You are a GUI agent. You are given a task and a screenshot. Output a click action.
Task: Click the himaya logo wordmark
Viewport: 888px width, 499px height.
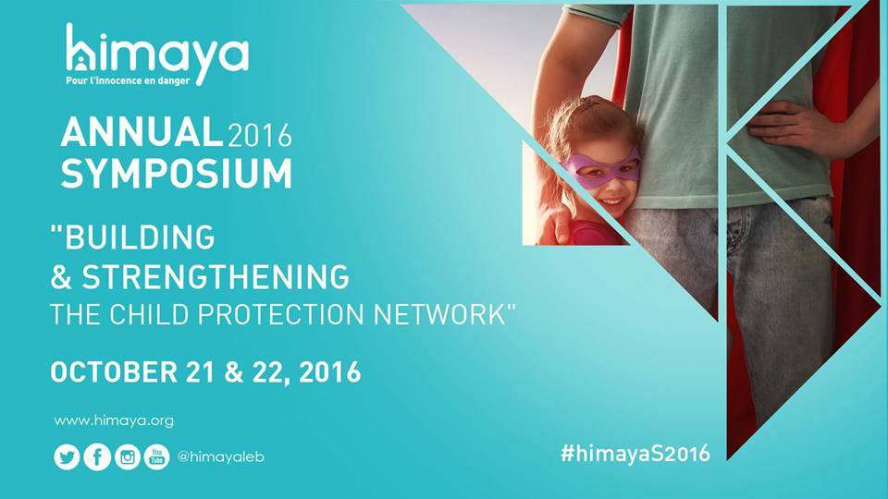(157, 50)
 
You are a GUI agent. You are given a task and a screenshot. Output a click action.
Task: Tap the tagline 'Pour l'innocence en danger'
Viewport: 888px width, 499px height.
(128, 80)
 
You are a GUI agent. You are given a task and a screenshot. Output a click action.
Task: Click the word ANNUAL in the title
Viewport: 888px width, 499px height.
(141, 132)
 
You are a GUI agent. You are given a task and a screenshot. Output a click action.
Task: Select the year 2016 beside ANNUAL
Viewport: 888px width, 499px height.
(259, 136)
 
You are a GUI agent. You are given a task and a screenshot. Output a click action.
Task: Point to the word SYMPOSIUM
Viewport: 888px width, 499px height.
(177, 173)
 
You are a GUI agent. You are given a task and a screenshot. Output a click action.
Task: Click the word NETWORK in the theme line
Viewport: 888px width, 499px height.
(439, 314)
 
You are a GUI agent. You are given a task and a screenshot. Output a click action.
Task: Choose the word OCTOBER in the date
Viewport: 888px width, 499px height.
(114, 371)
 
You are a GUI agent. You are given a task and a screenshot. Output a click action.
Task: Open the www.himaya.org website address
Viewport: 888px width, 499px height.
(114, 421)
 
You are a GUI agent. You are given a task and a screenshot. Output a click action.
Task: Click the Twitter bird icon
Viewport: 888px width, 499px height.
(67, 456)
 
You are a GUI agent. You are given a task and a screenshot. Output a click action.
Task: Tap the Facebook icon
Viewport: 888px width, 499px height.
(97, 456)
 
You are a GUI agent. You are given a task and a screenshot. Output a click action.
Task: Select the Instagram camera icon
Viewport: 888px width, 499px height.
(128, 456)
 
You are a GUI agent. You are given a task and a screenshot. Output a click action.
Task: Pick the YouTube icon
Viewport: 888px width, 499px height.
(157, 456)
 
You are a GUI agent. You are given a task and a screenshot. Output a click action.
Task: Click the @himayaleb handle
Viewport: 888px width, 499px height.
(221, 456)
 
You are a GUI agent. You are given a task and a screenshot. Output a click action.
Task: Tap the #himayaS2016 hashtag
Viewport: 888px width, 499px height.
(635, 453)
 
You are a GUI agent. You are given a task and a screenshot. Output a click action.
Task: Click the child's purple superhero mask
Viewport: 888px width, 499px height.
(601, 167)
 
